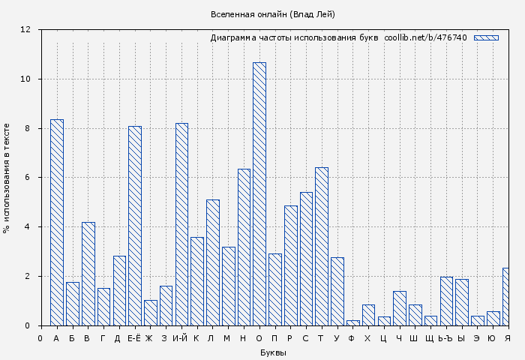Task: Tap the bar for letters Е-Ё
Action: pos(135,225)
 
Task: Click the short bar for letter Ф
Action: pos(352,322)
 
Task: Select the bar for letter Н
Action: pos(244,247)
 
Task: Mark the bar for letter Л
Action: pos(213,262)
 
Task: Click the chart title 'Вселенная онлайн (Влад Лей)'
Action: pos(273,14)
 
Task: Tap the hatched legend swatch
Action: pos(486,37)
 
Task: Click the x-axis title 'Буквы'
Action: pos(273,352)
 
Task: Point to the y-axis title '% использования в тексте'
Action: pos(7,178)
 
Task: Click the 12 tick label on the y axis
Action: pos(25,30)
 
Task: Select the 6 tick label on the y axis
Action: pos(28,178)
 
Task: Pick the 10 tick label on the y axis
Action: pos(25,79)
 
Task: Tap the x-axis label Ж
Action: pos(149,338)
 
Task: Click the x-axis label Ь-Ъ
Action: pos(446,338)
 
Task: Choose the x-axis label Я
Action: pos(508,338)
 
